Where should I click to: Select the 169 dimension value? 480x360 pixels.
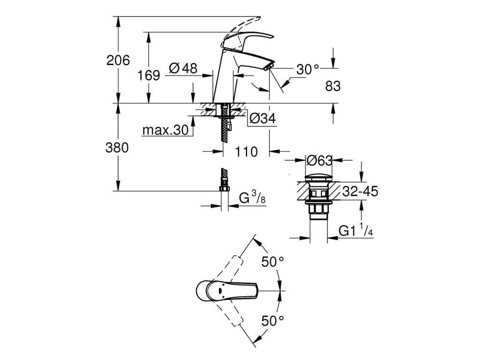click(149, 75)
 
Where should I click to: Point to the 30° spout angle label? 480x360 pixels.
click(307, 69)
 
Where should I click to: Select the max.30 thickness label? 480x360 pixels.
click(165, 130)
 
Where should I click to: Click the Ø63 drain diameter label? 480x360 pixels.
click(319, 161)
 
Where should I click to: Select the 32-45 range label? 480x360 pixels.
click(360, 191)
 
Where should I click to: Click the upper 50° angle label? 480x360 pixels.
click(273, 262)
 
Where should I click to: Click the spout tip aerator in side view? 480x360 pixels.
click(268, 67)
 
